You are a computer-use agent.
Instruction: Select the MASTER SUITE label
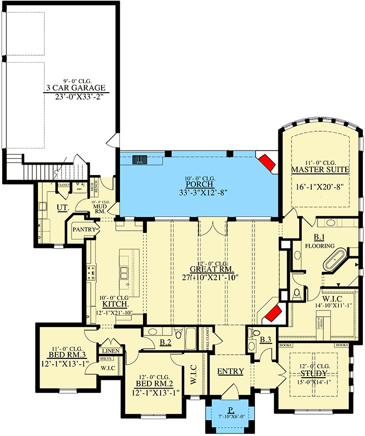320,170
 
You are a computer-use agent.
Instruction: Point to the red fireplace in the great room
272,315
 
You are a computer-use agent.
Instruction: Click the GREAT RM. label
211,269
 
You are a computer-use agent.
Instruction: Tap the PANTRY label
82,229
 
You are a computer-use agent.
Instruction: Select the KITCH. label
113,303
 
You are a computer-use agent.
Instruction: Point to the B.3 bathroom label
265,341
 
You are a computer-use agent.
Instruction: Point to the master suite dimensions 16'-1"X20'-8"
320,185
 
